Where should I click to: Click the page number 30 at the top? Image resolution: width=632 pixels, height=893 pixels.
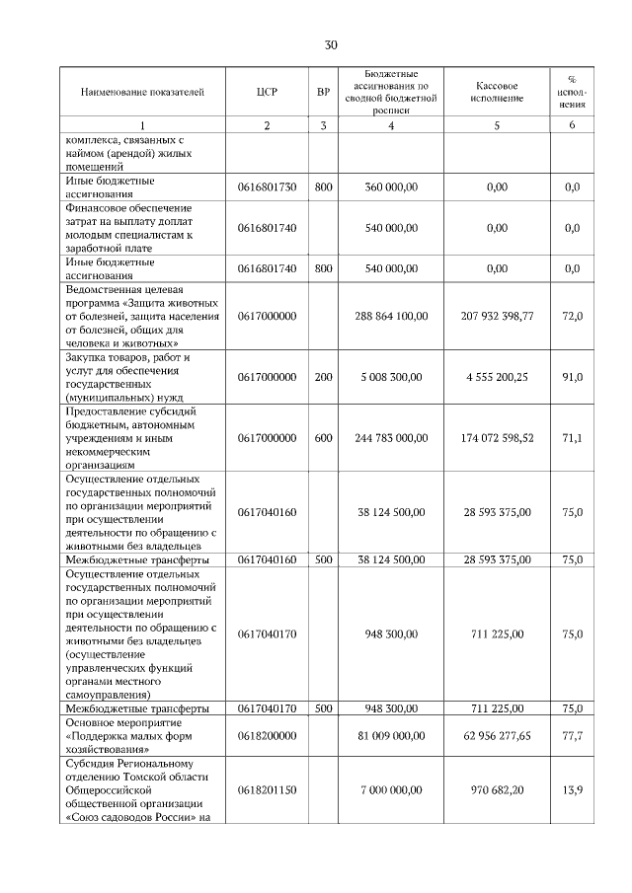click(331, 44)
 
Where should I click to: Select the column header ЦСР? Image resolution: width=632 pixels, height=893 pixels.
click(267, 92)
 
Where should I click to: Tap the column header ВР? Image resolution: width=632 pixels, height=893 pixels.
click(323, 92)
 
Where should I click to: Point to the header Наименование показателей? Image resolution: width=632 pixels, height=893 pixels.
click(142, 92)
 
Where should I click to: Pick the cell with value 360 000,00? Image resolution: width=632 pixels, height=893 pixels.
click(391, 186)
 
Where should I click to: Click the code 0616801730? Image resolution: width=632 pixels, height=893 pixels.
click(267, 186)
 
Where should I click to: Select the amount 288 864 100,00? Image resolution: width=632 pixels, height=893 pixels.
click(391, 316)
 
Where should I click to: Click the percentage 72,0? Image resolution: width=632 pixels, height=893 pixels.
click(572, 316)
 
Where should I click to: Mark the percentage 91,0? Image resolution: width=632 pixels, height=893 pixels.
click(572, 376)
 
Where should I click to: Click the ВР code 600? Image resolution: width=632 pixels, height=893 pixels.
click(323, 437)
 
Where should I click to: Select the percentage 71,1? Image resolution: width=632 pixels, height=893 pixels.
click(572, 437)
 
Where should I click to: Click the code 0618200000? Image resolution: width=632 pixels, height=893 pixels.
click(267, 735)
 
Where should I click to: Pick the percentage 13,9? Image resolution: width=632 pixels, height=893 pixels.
click(572, 789)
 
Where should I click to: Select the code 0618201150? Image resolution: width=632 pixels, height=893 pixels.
click(267, 789)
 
